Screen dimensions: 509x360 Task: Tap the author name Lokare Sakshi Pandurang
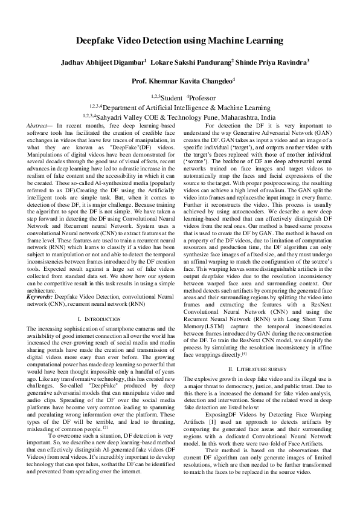190,62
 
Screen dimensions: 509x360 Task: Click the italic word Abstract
38,125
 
